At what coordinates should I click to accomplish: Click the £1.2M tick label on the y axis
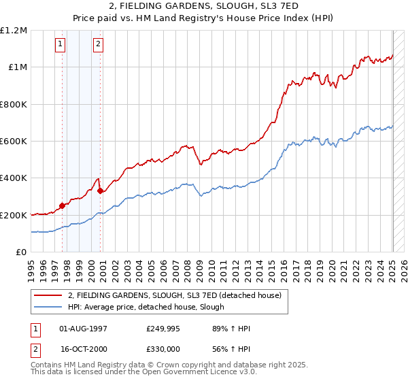coord(14,31)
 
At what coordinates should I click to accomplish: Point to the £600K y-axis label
coord(14,142)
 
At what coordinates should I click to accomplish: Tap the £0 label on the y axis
coord(22,252)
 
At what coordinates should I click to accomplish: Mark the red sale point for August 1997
coord(62,205)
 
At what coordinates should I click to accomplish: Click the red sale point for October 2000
coord(101,190)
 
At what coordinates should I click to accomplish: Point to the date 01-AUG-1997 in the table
coord(84,329)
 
